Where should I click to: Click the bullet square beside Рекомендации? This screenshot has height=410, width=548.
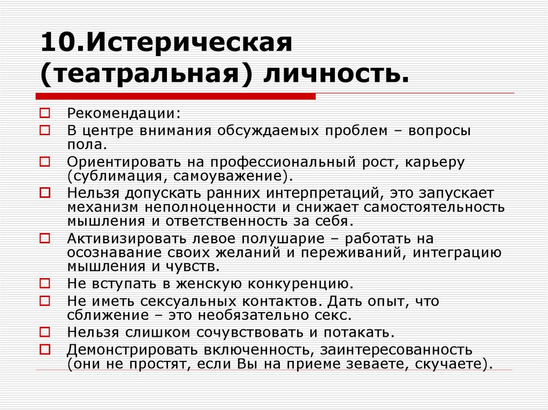[x=45, y=113]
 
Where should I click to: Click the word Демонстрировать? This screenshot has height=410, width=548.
[x=135, y=350]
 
